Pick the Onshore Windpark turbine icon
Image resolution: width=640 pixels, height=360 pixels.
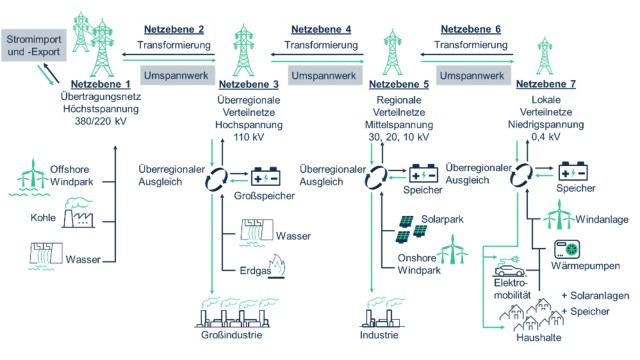(x=454, y=251)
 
